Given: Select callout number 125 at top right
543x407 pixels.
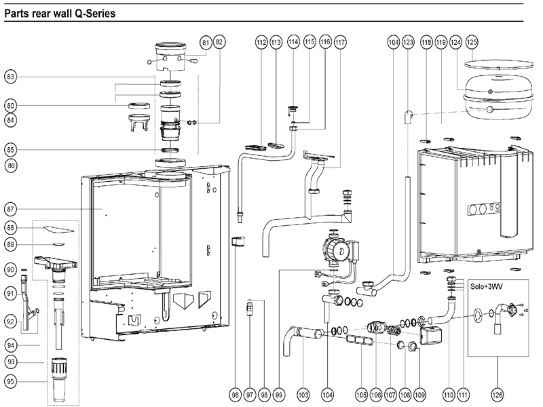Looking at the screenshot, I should (x=472, y=42).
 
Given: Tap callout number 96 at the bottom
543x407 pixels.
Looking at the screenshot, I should (x=235, y=394).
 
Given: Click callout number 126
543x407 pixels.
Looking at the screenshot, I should (x=498, y=394).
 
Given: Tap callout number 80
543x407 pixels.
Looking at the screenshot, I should (x=10, y=105).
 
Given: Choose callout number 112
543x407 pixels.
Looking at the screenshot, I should (x=261, y=42).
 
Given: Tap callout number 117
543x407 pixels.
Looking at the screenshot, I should (x=340, y=42).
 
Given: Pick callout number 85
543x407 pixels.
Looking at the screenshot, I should (x=10, y=149).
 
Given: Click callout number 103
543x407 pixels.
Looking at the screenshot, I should (x=303, y=394).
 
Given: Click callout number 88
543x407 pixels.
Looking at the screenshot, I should (x=10, y=227).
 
